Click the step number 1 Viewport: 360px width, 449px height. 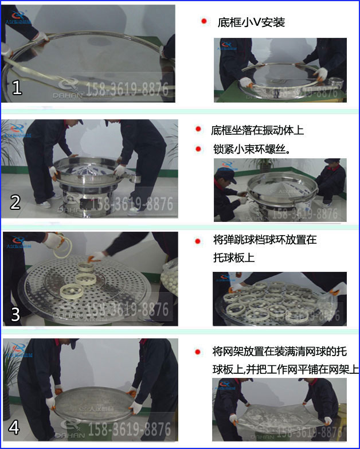(17, 88)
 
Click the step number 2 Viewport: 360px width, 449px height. (15, 201)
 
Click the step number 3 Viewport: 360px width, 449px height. (15, 314)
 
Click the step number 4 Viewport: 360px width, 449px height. (15, 427)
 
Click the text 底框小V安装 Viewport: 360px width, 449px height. (251, 23)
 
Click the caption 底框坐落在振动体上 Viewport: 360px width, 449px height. (257, 130)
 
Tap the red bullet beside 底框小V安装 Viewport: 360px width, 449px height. (204, 22)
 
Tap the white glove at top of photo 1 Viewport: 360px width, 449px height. (40, 38)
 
